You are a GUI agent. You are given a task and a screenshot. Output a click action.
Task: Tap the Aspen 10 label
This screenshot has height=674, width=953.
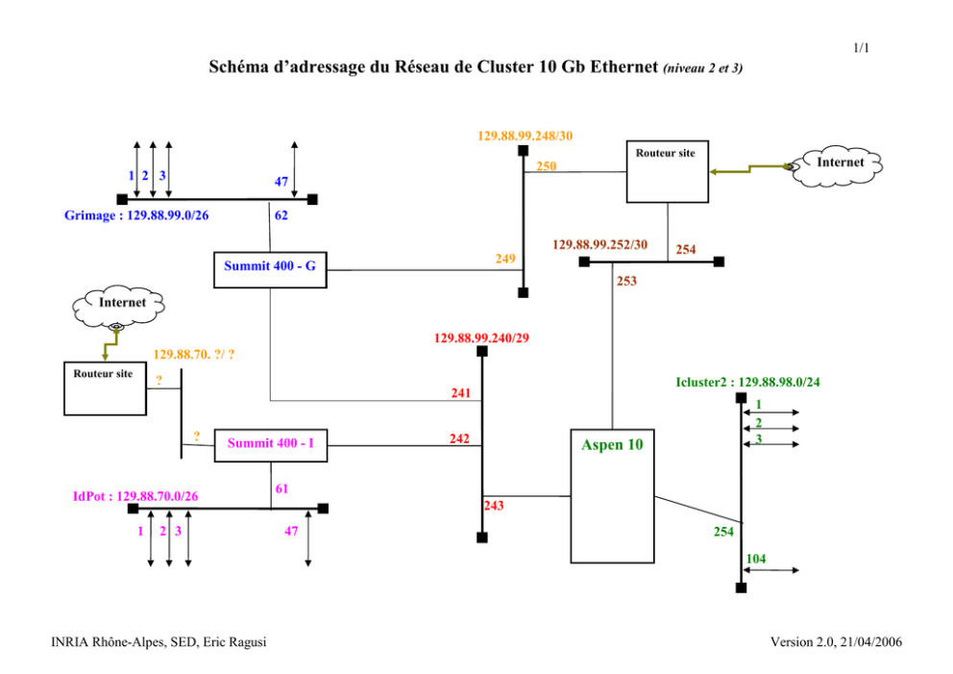(x=612, y=444)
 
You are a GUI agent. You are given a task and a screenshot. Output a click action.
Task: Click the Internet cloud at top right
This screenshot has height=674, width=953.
(x=838, y=165)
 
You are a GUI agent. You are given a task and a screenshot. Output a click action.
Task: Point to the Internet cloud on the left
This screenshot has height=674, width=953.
(x=118, y=306)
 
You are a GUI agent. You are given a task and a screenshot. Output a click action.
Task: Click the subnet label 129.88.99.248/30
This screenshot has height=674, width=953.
(x=525, y=136)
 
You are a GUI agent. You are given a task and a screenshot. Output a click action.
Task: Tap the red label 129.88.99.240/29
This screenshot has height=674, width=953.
(x=481, y=338)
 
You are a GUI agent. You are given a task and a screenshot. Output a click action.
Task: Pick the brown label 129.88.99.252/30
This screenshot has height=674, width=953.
(x=599, y=244)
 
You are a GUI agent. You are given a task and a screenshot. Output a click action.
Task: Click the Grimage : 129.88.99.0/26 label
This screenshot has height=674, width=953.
(x=136, y=215)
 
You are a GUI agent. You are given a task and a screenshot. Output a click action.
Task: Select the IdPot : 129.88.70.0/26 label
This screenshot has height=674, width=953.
(x=135, y=496)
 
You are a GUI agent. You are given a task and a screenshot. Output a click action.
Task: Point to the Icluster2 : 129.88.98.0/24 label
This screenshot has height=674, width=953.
(x=747, y=382)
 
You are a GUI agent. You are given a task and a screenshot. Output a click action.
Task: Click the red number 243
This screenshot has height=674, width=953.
(x=494, y=506)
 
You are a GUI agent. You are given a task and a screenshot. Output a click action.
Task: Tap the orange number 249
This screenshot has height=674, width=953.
(x=505, y=259)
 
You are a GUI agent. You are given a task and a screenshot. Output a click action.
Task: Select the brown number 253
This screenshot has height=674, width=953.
(x=626, y=281)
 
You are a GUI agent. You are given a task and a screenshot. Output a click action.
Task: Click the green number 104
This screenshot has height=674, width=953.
(x=756, y=559)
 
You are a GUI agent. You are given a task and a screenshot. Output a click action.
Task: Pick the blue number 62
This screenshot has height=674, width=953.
(x=281, y=215)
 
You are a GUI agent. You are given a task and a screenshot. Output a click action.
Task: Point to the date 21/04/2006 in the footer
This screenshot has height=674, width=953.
(x=871, y=641)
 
